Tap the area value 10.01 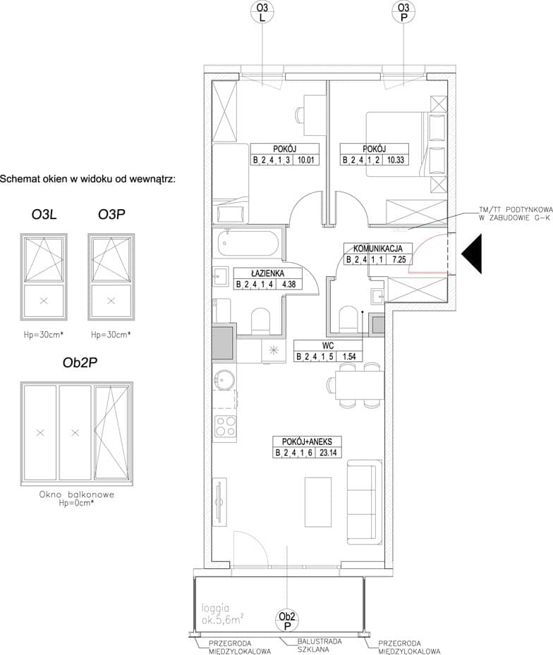[306, 160]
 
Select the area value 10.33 [395, 160]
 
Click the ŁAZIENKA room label [267, 273]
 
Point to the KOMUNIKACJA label [378, 249]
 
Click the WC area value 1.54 [349, 356]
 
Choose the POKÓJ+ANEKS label [307, 442]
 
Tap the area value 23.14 [329, 452]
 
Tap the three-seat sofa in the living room [365, 501]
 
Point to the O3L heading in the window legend [44, 214]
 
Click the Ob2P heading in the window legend [80, 363]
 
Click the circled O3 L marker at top [262, 12]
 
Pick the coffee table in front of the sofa [318, 503]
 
